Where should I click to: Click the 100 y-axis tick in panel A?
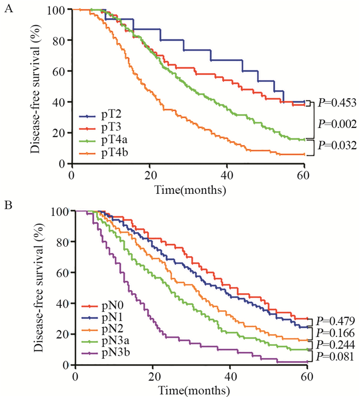pos(60,10)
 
